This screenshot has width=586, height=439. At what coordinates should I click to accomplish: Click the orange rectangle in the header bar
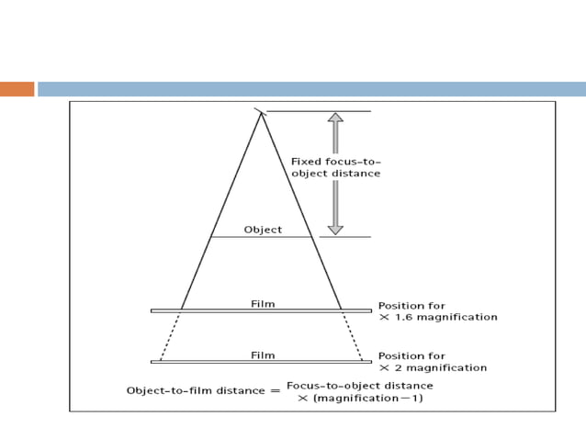point(17,89)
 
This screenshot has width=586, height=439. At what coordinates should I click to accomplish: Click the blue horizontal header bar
point(311,89)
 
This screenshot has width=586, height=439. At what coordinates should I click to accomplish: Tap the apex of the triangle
point(261,112)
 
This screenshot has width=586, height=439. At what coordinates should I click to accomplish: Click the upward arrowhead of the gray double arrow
point(335,118)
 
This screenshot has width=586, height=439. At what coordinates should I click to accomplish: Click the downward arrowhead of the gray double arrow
point(335,231)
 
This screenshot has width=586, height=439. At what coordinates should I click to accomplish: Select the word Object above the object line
point(263,230)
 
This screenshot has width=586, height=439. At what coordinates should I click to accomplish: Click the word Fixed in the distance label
point(307,162)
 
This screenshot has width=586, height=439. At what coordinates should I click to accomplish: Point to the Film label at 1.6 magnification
point(263,304)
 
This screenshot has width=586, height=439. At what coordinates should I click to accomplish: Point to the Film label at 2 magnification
point(263,355)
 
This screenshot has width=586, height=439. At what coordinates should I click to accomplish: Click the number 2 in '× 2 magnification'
point(399,368)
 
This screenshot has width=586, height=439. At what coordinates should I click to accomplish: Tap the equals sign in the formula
point(275,391)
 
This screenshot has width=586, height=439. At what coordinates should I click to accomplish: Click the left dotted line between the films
point(171,336)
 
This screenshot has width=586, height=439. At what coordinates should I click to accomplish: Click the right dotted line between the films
point(352,336)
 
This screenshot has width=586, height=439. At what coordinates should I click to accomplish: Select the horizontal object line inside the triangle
point(262,237)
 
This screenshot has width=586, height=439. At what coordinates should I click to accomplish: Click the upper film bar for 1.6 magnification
point(261,310)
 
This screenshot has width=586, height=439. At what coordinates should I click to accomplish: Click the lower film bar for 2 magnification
point(261,362)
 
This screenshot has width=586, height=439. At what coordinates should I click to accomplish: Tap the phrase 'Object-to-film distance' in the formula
point(196,391)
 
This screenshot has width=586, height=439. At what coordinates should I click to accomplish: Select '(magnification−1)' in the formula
point(368,399)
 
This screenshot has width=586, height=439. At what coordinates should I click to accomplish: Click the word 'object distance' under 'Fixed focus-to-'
point(336,174)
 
